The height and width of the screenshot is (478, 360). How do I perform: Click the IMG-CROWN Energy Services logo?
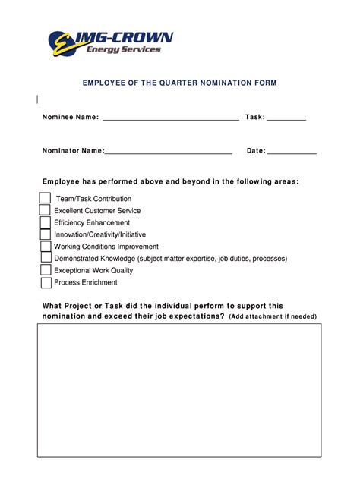point(110,42)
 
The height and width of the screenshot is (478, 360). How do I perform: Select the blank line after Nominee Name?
point(170,118)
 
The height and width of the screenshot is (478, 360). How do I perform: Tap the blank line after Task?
point(286,118)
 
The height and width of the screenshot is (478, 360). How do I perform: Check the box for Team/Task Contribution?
point(45,199)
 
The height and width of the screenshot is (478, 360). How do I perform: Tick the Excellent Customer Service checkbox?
point(45,211)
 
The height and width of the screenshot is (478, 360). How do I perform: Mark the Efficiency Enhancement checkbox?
point(45,223)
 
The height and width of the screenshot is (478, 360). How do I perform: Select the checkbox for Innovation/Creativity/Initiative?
point(45,234)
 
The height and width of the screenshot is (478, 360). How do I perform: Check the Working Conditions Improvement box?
point(45,247)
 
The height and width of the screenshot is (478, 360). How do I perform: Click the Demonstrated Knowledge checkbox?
point(45,259)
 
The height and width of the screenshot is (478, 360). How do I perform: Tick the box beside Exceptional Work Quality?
point(45,271)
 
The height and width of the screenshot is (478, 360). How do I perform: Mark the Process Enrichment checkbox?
point(45,283)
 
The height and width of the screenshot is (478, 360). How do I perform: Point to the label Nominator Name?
point(73,151)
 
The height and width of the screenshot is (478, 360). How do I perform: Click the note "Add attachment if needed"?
point(273,316)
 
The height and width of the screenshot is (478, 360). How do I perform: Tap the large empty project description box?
point(180,398)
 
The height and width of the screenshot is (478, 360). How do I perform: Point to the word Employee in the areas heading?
point(62,182)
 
